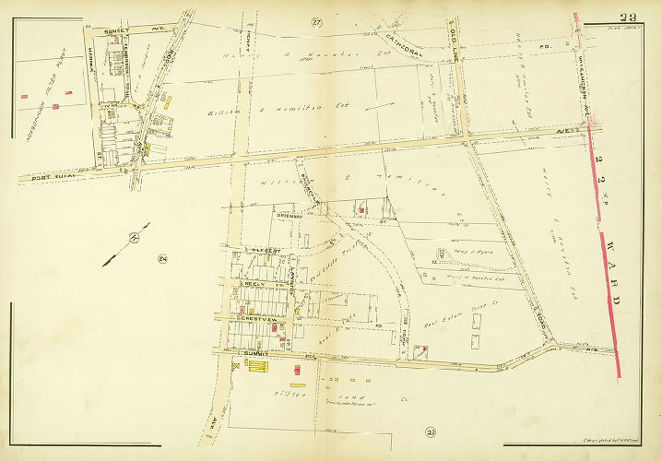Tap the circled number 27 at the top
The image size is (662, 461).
click(316, 21)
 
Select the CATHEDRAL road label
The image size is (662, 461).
click(406, 41)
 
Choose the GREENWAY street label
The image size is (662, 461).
click(293, 215)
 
